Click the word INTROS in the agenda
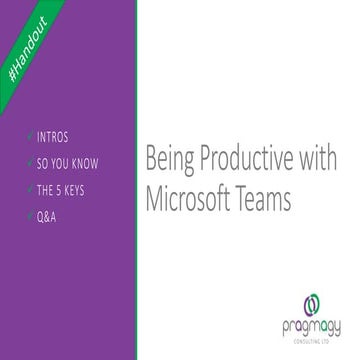point(52,135)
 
